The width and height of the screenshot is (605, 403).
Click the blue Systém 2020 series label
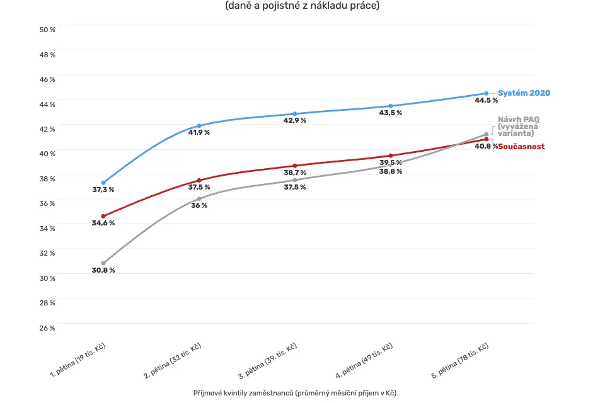pos(524,93)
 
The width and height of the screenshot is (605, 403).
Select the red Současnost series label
pos(521,147)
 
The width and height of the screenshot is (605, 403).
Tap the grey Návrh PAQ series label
pos(518,126)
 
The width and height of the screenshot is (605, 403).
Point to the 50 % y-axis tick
pos(47,30)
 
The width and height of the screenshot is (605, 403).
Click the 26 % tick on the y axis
pos(47,328)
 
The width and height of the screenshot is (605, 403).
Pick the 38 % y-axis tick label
pos(47,179)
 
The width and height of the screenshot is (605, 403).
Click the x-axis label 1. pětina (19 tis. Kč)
pos(78,360)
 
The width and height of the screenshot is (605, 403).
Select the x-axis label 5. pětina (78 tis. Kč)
pos(460,360)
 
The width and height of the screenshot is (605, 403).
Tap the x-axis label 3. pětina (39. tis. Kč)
pos(267,361)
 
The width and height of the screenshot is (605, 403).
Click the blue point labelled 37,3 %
pos(103,183)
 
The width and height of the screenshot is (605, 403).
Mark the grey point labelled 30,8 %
pos(103,263)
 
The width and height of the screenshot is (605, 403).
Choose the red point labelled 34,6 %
pos(103,217)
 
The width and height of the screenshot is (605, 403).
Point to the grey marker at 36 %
pos(199,199)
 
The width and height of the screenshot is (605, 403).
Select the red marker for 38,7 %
pos(295,166)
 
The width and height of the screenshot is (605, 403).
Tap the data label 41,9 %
pos(199,132)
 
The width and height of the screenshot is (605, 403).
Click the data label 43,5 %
pos(391,113)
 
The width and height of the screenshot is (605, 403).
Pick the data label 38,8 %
pos(391,171)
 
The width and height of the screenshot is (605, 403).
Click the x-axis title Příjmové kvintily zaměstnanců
pos(243,393)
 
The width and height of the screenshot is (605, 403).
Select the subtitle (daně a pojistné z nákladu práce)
pos(302,6)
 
